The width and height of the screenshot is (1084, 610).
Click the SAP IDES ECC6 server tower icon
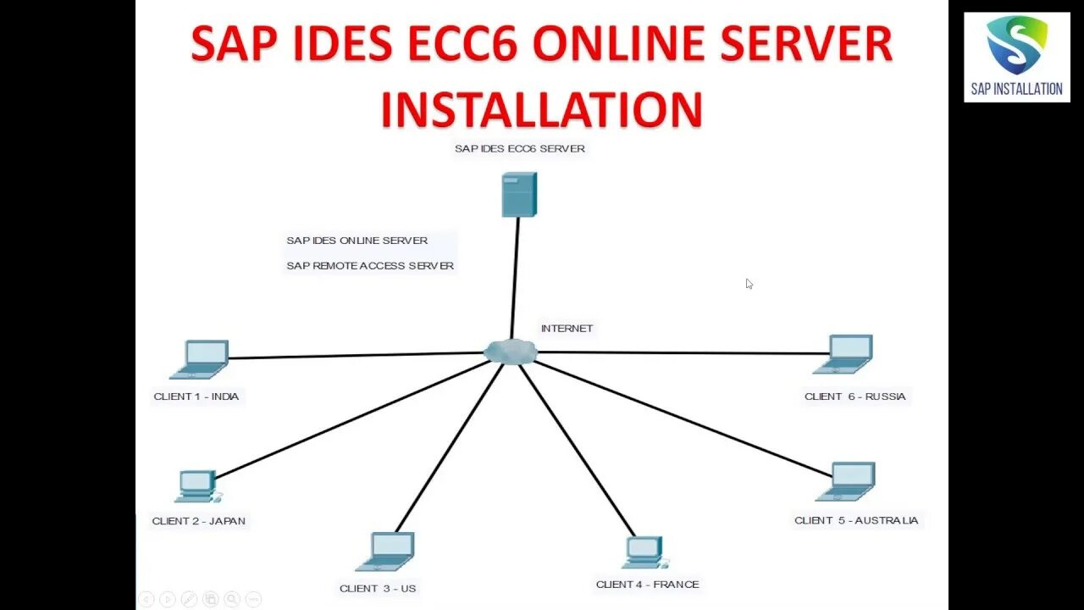pyautogui.click(x=518, y=194)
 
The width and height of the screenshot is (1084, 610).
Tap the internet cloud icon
pyautogui.click(x=511, y=351)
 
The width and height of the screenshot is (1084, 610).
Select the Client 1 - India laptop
pyautogui.click(x=201, y=359)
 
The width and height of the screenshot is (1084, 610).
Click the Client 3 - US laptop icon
pyautogui.click(x=386, y=552)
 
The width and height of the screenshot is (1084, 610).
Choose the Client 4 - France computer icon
pyautogui.click(x=644, y=552)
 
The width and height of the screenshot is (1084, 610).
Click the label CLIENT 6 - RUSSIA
pyautogui.click(x=854, y=396)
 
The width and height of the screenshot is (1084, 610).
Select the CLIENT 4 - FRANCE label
pyautogui.click(x=647, y=585)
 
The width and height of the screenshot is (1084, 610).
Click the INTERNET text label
pyautogui.click(x=567, y=329)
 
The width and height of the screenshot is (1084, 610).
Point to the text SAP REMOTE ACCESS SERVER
pyautogui.click(x=370, y=266)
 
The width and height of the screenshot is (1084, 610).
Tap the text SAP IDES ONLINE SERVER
pyautogui.click(x=357, y=241)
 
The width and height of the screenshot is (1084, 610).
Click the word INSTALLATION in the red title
pyautogui.click(x=541, y=109)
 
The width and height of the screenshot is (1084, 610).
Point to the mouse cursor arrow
pyautogui.click(x=749, y=284)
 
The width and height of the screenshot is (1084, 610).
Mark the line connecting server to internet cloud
pyautogui.click(x=515, y=280)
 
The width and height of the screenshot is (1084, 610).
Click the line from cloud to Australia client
pyautogui.click(x=677, y=415)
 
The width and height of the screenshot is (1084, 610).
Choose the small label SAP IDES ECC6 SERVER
pyautogui.click(x=519, y=148)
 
